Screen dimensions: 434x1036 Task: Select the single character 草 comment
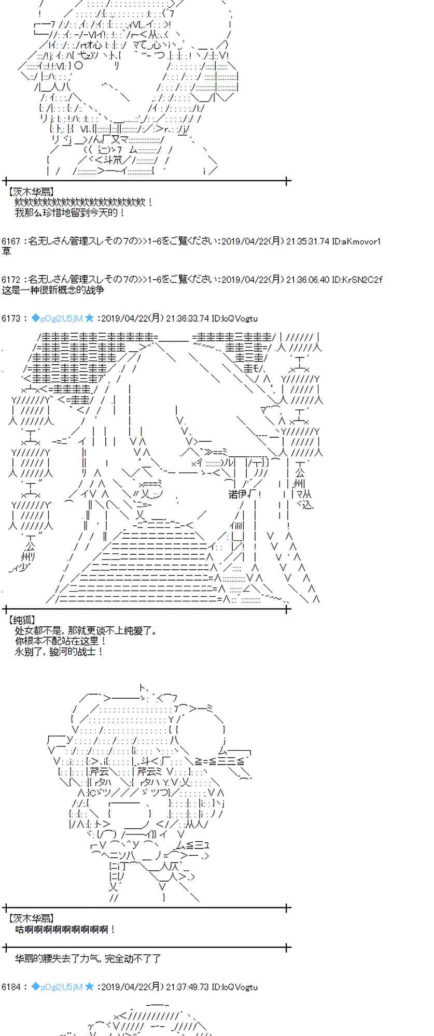6,251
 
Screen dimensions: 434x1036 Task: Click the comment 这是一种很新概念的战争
53,290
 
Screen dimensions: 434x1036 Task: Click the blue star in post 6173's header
89,318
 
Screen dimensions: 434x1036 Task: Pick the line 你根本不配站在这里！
61,641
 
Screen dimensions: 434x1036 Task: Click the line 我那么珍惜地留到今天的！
70,212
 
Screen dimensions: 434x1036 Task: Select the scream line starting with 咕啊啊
65,929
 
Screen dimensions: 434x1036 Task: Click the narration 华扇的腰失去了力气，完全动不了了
88,959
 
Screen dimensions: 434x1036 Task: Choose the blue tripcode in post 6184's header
57,987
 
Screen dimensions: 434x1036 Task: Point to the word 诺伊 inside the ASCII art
237,494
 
